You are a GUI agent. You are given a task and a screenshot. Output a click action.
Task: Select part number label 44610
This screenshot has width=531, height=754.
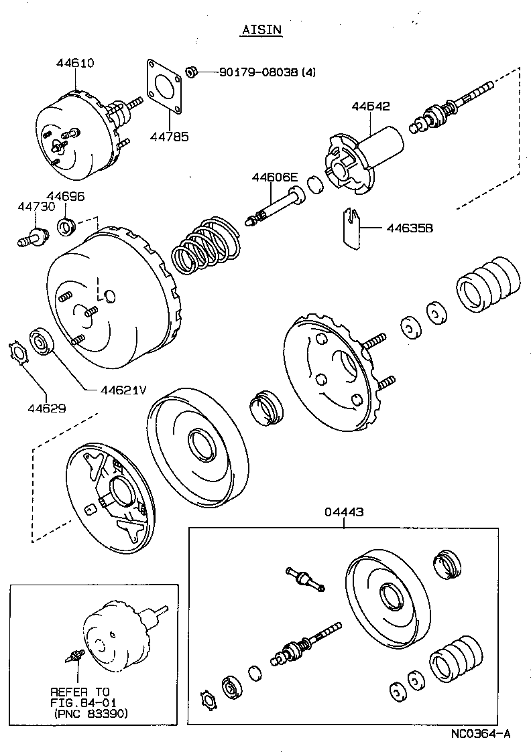74,63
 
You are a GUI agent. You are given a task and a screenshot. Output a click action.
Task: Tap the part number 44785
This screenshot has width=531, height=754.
170,137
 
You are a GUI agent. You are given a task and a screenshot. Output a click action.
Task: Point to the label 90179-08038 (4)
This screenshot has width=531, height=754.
267,72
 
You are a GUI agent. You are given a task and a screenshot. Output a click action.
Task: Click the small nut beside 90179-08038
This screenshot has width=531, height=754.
190,70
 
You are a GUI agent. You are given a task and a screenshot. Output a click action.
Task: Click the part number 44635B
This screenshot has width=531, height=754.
410,228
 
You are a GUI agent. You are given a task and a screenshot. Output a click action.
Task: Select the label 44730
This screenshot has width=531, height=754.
36,208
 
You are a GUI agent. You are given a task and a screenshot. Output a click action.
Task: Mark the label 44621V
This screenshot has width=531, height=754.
123,390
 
